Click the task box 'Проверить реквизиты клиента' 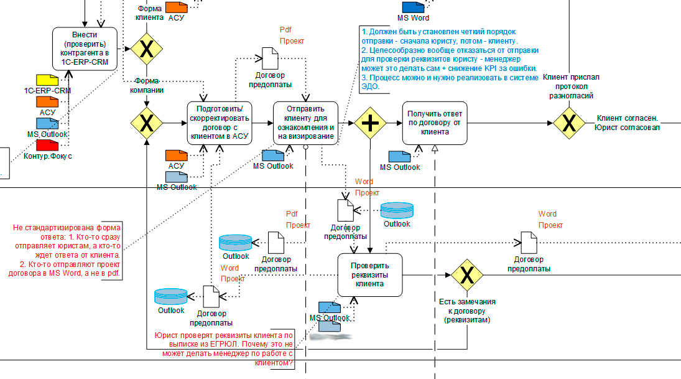(368, 275)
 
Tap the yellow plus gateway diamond (371, 123)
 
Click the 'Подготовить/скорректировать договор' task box (218, 123)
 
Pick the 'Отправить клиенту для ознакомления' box (306, 123)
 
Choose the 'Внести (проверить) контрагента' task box (85, 49)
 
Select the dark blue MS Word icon (412, 7)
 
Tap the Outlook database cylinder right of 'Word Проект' (397, 210)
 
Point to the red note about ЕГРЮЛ (224, 349)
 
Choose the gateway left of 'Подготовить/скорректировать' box (147, 123)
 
